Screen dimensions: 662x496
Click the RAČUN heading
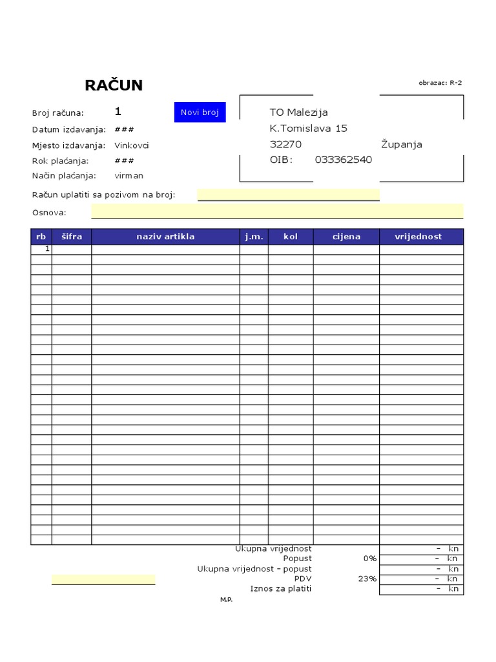pos(114,85)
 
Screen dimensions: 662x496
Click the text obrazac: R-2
pos(440,83)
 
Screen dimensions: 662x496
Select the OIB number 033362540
pos(343,160)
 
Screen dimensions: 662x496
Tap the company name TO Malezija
pos(298,112)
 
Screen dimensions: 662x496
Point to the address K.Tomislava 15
pos(308,128)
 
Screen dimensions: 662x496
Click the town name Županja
pos(401,144)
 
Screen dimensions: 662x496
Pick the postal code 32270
pos(285,144)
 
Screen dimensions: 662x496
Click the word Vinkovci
pos(132,145)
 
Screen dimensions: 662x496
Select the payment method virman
pos(129,176)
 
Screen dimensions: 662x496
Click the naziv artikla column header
pos(165,237)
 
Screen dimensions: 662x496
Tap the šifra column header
pos(72,237)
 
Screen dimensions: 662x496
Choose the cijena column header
pos(346,237)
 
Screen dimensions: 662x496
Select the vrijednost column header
pos(418,237)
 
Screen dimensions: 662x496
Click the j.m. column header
pos(254,237)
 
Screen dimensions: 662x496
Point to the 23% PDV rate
pos(367,579)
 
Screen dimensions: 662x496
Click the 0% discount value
pos(369,558)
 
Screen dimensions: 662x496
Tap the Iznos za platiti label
pos(280,589)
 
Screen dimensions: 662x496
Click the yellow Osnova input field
pos(277,211)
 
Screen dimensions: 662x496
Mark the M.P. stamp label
pos(226,600)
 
